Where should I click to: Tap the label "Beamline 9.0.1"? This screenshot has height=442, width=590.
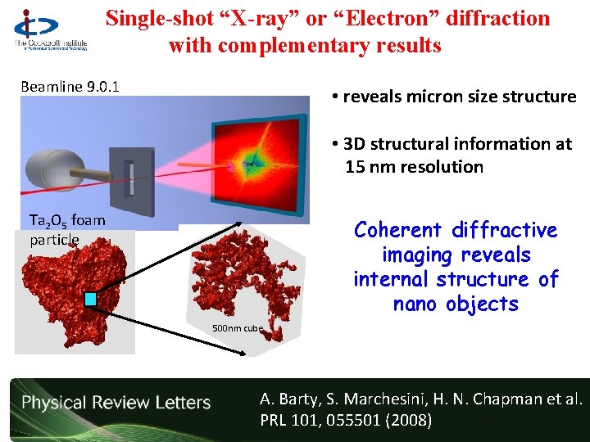(x=70, y=86)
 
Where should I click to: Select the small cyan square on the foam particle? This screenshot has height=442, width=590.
(x=90, y=300)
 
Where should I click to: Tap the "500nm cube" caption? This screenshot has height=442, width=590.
(x=238, y=328)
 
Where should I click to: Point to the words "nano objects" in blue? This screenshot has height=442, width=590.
(x=455, y=304)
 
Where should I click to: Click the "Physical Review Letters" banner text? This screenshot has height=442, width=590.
(x=116, y=403)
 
